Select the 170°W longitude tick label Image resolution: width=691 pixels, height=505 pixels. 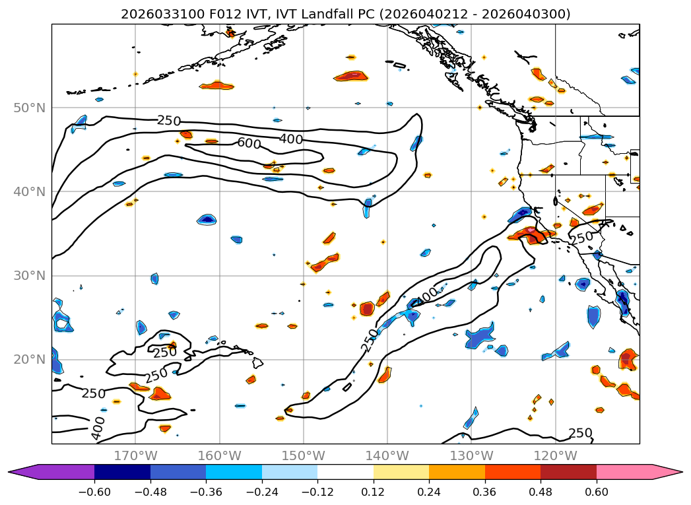click(135, 455)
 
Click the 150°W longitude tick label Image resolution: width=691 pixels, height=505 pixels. click(303, 455)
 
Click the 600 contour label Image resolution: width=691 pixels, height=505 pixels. click(249, 143)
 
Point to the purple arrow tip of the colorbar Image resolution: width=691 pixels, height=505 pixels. click(16, 471)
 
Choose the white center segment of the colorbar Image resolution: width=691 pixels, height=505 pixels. click(345, 471)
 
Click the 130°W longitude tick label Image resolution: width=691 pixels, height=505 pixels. click(471, 455)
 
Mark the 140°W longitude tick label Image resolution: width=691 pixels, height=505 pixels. click(387, 455)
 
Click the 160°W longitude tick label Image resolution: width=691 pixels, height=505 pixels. click(219, 455)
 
